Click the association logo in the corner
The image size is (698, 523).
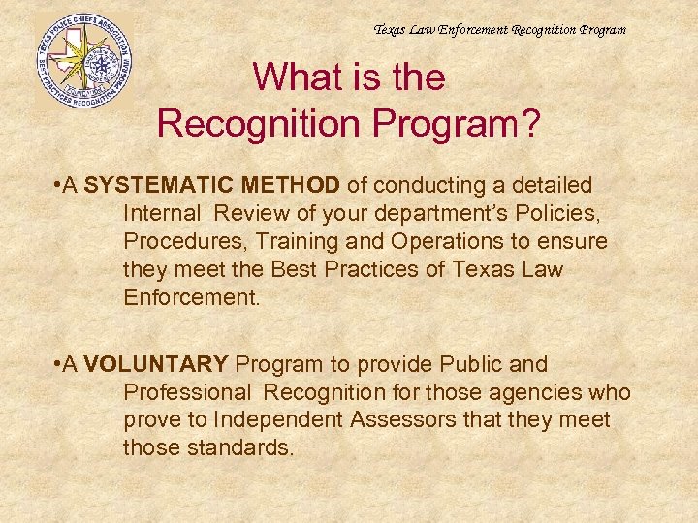[84, 58]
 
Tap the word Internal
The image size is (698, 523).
[162, 212]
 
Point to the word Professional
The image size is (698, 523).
[186, 392]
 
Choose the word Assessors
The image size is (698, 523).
[407, 420]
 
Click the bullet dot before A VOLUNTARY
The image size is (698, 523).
[61, 364]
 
